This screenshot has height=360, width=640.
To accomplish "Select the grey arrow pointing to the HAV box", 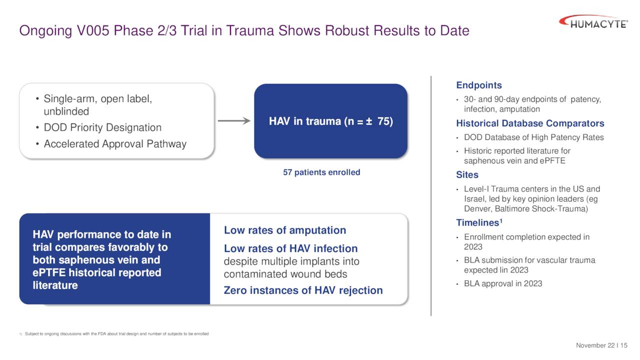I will [233, 121].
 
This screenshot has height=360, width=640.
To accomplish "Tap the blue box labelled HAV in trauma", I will [330, 121].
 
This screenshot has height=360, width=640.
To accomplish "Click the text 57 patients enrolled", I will [321, 172].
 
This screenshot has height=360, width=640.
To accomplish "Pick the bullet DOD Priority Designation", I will [102, 127].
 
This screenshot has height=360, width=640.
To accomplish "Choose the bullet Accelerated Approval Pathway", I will [115, 144].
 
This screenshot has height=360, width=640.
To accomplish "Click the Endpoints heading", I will [479, 85].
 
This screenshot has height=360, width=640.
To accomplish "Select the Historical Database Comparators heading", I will [530, 123].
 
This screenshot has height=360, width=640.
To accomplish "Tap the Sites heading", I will [467, 175].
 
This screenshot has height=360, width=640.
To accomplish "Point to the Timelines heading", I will [478, 222].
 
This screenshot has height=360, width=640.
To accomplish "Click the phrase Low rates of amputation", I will [285, 230].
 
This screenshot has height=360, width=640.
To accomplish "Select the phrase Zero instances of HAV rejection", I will [303, 290].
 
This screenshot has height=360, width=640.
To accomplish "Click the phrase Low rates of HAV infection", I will [290, 248].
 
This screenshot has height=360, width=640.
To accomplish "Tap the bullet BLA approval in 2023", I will [502, 284].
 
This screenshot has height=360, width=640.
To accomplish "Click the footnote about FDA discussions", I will [116, 334].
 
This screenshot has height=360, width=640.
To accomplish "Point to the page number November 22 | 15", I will [601, 345].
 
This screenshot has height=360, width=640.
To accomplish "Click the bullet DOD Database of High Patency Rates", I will [533, 137].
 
